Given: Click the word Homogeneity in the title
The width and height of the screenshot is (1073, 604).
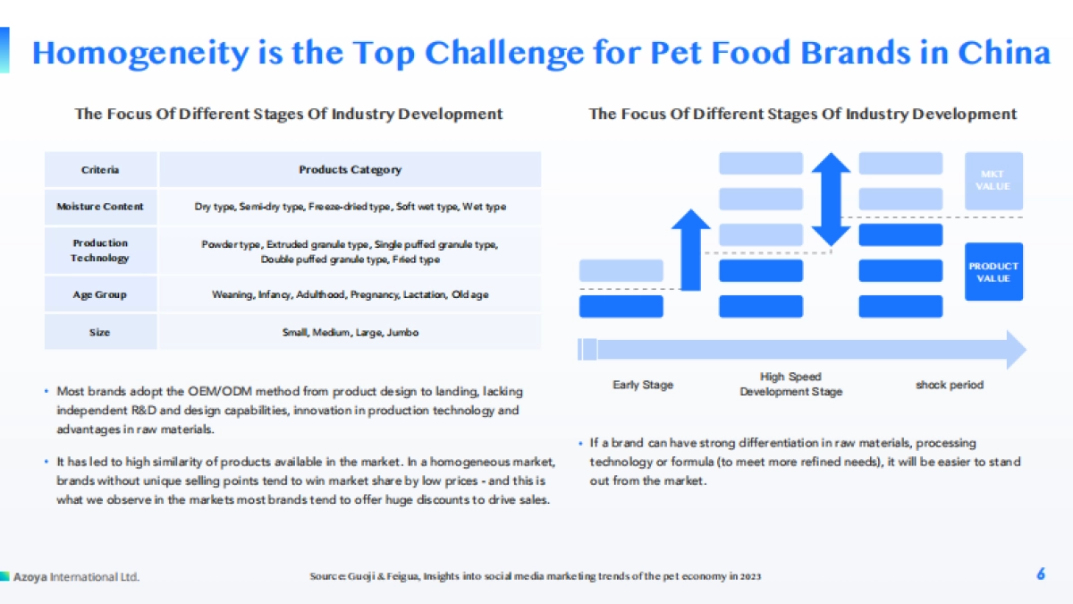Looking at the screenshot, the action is [x=140, y=54].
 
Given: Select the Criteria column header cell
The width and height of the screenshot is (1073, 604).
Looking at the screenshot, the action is [x=100, y=169].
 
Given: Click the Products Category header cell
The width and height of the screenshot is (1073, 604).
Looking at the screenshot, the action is [x=351, y=169].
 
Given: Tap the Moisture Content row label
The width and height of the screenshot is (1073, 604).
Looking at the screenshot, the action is [x=100, y=207].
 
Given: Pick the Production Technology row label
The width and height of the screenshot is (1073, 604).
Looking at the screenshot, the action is [x=100, y=251].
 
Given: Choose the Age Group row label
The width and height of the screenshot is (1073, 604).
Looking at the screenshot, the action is [x=100, y=294].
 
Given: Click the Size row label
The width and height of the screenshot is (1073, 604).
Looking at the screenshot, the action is [x=100, y=332].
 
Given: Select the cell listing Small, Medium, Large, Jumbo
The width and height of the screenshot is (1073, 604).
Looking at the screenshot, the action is [x=351, y=332].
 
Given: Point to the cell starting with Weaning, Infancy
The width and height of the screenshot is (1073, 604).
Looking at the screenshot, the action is [x=351, y=294].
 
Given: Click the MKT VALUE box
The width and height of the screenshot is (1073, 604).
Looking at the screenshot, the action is [x=993, y=181].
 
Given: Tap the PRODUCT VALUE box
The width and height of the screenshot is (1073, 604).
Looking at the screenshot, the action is [x=993, y=272].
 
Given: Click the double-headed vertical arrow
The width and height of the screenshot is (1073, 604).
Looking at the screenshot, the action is [x=831, y=200].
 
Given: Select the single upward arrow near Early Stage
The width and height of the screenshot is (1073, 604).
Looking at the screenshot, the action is [x=690, y=250].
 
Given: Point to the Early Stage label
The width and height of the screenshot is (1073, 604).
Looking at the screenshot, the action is [x=643, y=385].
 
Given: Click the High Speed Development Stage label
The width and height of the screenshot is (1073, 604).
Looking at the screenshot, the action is [x=790, y=384].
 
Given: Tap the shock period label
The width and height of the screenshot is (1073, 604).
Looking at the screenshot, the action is [x=950, y=385].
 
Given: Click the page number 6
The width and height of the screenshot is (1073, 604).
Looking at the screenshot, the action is [x=1041, y=574].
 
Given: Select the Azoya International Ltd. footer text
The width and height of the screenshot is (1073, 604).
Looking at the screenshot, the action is [x=76, y=576].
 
